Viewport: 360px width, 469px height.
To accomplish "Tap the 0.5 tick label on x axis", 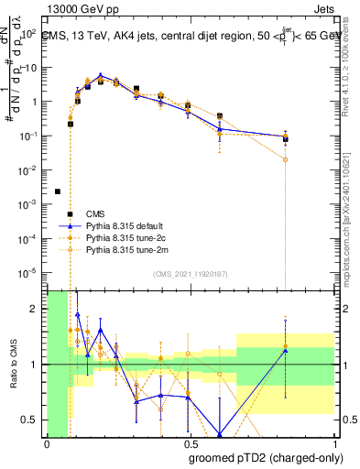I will (x=188, y=443).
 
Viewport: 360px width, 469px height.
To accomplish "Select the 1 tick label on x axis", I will (x=330, y=443).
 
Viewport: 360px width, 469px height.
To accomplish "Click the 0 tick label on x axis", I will (x=47, y=443).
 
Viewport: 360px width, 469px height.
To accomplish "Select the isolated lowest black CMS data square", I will (x=58, y=191).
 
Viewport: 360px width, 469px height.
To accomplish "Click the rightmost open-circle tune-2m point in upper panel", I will (x=286, y=159).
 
